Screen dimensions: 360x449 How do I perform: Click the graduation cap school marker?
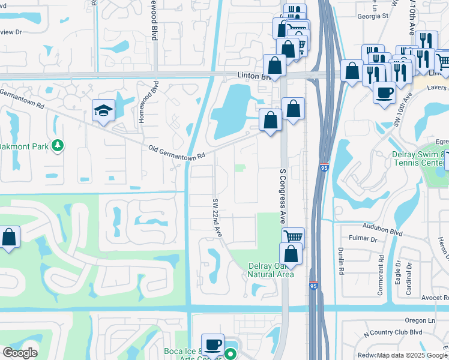[103, 110]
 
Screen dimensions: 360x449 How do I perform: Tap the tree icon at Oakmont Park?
[58, 145]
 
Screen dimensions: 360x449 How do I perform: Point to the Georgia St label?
[370, 17]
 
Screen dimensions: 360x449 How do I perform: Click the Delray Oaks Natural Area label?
[271, 269]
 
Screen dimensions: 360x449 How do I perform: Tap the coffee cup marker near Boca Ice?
[212, 344]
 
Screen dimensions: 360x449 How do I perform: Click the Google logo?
[20, 353]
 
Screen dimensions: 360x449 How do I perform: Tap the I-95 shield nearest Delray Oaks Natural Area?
[313, 286]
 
